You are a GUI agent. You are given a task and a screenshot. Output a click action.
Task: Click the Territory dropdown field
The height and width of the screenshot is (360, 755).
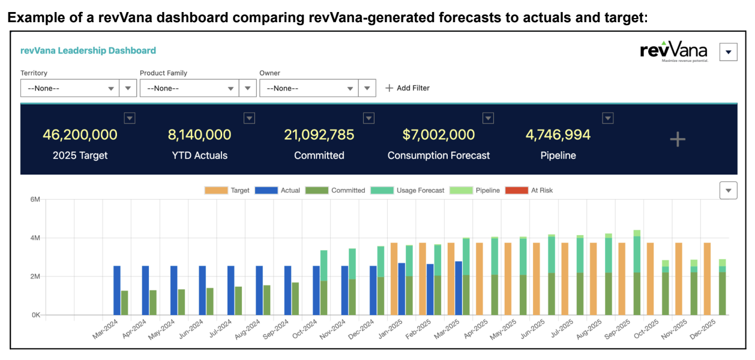point(70,88)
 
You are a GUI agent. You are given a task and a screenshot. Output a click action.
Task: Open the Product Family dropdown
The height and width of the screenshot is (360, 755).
point(189,88)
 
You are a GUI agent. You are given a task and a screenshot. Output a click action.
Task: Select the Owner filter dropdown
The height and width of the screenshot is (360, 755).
point(308,88)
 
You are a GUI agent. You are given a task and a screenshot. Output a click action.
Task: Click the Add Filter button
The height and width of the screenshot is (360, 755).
point(408,88)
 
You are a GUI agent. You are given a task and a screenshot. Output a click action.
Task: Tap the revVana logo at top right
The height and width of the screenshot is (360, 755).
point(674,52)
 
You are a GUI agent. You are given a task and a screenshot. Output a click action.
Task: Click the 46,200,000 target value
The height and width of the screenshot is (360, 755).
point(80,135)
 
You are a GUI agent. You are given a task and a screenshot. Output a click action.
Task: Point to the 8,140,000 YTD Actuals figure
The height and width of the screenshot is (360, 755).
point(199,135)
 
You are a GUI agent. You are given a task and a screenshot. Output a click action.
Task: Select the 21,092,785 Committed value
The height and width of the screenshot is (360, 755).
point(319,135)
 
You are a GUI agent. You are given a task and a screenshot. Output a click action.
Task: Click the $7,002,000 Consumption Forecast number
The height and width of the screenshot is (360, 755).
point(438,135)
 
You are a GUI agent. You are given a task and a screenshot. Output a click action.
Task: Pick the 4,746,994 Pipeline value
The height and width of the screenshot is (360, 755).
point(558,135)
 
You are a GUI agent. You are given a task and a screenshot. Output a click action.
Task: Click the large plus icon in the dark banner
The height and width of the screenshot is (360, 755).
point(678,140)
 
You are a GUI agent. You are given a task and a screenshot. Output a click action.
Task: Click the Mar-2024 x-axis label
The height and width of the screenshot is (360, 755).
point(106,329)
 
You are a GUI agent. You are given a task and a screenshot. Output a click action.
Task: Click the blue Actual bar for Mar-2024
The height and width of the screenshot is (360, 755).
point(117,290)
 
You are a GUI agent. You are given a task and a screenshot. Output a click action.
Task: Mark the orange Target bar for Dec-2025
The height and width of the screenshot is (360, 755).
point(707,279)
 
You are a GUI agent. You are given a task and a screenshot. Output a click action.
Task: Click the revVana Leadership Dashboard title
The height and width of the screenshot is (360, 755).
point(88,51)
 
